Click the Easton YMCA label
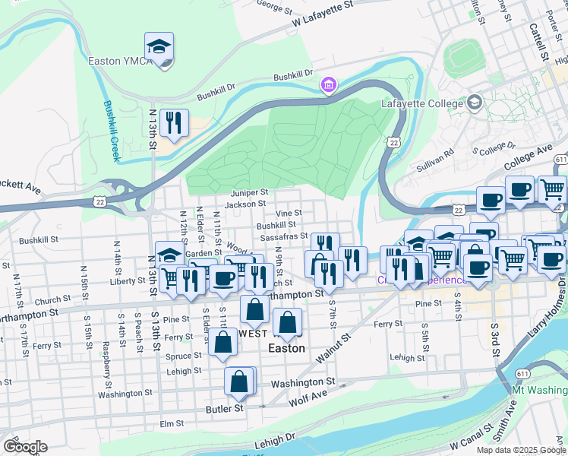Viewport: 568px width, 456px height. (115, 61)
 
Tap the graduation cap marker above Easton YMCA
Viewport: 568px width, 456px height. (159, 47)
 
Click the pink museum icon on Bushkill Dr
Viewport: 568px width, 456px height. (328, 84)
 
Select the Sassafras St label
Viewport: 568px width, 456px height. (283, 237)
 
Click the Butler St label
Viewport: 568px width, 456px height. (223, 408)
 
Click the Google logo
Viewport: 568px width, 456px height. (25, 447)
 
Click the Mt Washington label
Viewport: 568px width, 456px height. (540, 390)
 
